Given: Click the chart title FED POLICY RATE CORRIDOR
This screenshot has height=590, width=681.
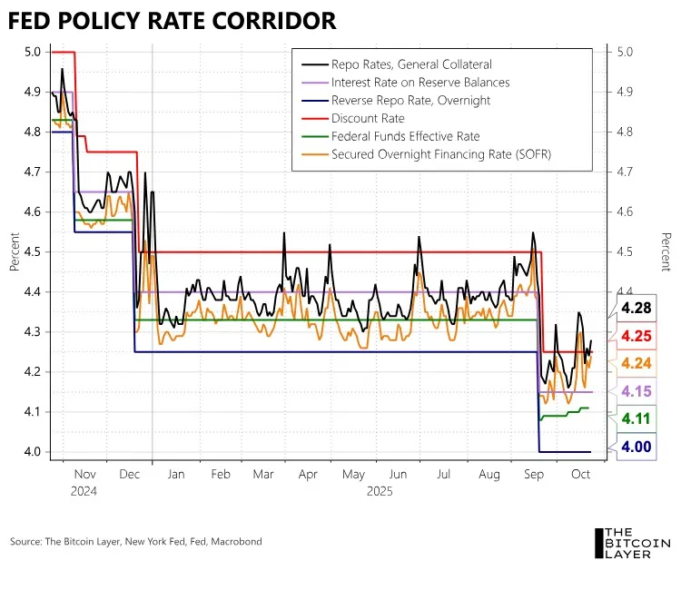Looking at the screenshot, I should coord(173,22).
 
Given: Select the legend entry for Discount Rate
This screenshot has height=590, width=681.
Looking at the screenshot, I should coord(368,118).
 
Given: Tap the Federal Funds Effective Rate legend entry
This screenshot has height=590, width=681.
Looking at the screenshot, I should coord(405,136).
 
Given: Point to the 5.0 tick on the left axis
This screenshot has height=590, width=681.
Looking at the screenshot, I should coord(33,52).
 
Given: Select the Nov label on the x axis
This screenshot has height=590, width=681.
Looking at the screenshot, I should coord(84,475).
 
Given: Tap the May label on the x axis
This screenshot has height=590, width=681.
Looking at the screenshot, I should coord(353,475).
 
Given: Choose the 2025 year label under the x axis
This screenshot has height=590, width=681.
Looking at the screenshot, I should coord(379,490).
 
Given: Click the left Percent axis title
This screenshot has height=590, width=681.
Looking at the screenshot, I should coord(15,251).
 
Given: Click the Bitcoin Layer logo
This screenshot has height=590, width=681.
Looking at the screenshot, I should coord(633,543).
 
